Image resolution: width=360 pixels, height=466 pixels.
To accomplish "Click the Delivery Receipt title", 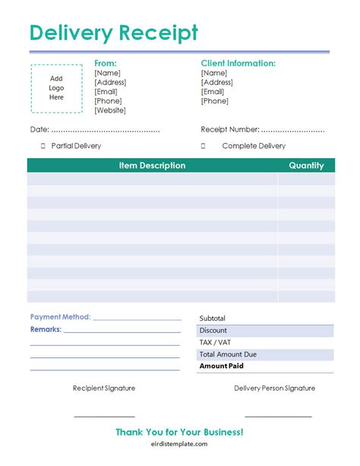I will click(x=113, y=33).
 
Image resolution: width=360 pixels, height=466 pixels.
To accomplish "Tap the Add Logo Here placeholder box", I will click(x=56, y=87).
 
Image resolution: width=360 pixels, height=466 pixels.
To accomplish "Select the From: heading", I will click(x=106, y=63).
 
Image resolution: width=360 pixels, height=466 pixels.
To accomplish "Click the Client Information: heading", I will click(x=238, y=63).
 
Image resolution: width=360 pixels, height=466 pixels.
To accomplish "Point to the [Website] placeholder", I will click(x=110, y=111).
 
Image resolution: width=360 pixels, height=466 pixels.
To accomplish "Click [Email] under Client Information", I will click(x=213, y=92).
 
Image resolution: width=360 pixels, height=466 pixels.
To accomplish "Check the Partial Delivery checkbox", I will click(x=43, y=146).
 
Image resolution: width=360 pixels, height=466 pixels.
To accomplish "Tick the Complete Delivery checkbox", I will click(x=204, y=146).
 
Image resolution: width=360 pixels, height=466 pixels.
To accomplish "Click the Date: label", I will click(x=39, y=129).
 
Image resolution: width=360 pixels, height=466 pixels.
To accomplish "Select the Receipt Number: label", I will click(x=229, y=129).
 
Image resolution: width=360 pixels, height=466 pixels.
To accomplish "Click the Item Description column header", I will click(x=152, y=165).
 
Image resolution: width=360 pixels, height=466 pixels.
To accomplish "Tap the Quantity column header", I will click(x=306, y=165).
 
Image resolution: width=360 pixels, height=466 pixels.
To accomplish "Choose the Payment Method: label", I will click(x=60, y=317).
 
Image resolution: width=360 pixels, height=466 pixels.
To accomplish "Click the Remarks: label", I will click(x=46, y=330).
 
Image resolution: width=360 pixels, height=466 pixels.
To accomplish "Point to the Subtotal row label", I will click(x=213, y=319).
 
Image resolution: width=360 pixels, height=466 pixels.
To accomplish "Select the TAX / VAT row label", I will click(x=215, y=342).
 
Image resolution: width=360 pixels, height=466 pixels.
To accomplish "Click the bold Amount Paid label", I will click(x=221, y=366).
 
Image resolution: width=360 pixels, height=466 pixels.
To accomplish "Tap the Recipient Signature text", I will click(x=104, y=388).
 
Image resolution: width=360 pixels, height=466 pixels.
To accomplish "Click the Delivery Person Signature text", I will click(x=275, y=388).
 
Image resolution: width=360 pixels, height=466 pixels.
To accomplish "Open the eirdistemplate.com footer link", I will click(x=179, y=445).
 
